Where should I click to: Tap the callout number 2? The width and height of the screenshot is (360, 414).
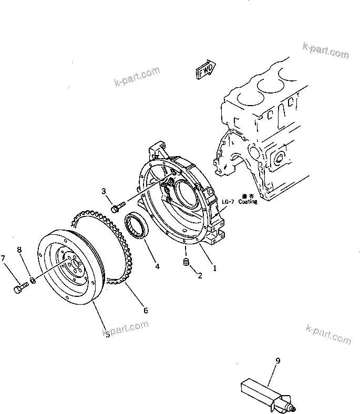199,274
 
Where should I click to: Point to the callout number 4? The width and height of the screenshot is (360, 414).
157,266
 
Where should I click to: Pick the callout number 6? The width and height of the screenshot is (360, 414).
146,310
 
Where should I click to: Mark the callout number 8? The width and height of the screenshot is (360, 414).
20,250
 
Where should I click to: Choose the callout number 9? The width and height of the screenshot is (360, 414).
277,360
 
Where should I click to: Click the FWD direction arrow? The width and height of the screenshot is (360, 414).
205,69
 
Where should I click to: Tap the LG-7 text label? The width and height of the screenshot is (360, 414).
228,202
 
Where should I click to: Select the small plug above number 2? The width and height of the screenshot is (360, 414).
185,262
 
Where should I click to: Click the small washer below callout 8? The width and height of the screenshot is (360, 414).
33,281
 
